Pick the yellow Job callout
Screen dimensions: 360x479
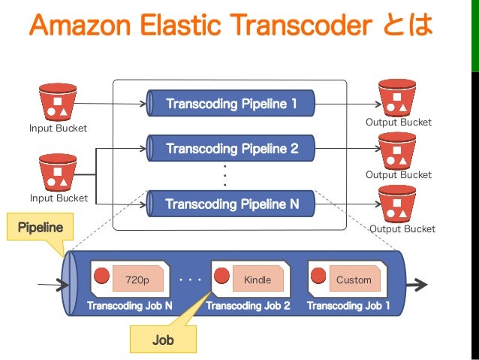[163, 340]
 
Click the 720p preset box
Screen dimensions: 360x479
[137, 280]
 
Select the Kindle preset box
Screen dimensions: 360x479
[258, 280]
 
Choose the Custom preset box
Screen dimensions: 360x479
[354, 280]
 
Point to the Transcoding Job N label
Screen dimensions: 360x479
[130, 306]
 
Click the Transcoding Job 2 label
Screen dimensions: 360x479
[248, 306]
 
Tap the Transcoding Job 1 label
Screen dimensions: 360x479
[348, 306]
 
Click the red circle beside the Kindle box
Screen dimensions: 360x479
[222, 276]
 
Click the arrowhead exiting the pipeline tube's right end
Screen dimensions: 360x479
[421, 285]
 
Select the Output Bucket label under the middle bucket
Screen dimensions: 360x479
[399, 174]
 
